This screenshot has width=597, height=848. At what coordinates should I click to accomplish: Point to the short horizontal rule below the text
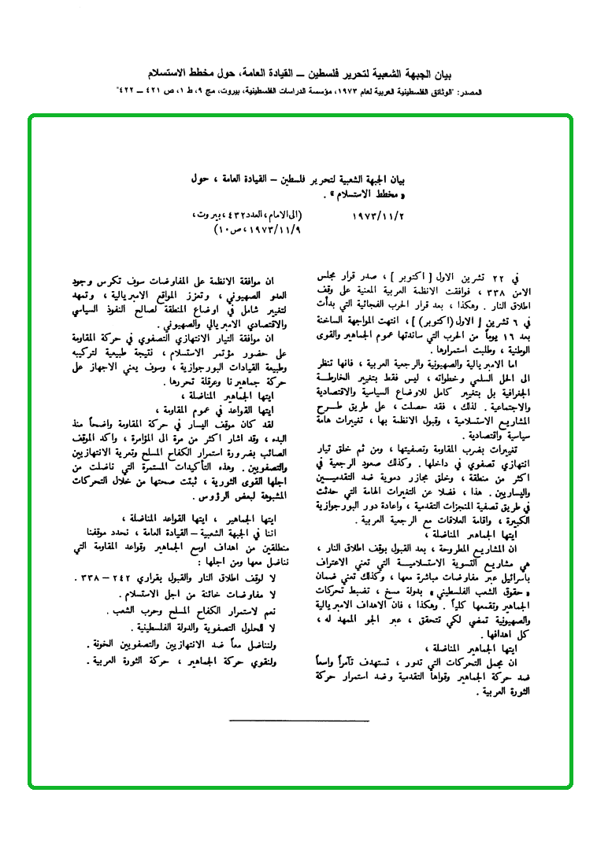[x=298, y=720]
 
